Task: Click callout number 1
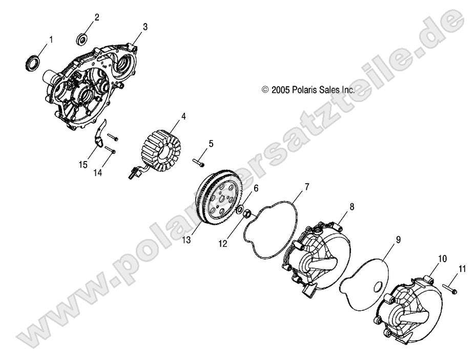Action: click(51, 39)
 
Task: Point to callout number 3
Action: click(145, 27)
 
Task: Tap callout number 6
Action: click(256, 188)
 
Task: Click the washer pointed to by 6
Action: click(239, 209)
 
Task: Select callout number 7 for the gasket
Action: click(307, 187)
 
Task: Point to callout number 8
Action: click(352, 207)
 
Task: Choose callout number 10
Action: click(442, 259)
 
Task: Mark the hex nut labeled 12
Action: click(247, 214)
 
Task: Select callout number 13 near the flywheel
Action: click(187, 240)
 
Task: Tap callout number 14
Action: click(97, 173)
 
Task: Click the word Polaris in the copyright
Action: click(304, 90)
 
